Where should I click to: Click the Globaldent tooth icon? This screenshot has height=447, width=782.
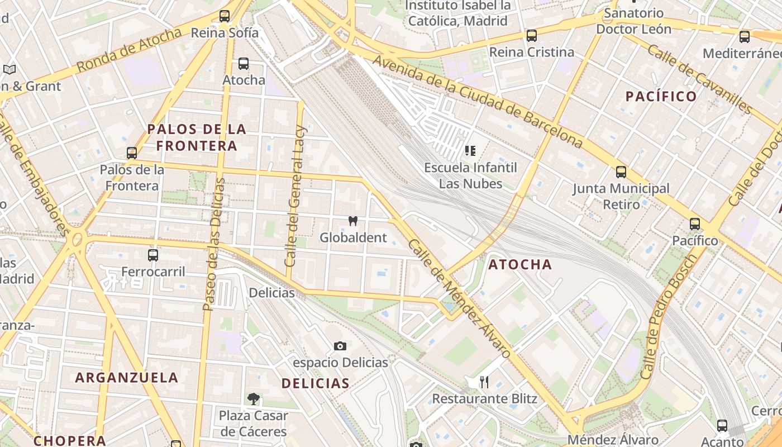pos(352,221)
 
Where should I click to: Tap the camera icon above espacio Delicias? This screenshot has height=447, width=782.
pos(340,346)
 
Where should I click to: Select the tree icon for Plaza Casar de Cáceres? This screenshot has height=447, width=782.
pos(253,399)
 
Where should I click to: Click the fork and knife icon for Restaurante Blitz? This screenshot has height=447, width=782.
pos(484,382)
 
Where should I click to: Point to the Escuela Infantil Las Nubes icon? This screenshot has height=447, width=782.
pos(470,150)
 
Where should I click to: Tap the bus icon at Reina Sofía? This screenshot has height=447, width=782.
pos(225,16)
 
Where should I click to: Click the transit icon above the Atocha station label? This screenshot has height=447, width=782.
pos(244,64)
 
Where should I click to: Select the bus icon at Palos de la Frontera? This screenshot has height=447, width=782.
pos(132,153)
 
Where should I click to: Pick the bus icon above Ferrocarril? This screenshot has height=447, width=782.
pos(153,255)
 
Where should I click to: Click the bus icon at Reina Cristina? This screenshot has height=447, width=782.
pos(532,36)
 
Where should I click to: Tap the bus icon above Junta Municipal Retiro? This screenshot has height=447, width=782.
pos(621,172)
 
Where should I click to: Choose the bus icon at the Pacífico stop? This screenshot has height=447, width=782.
pos(695,224)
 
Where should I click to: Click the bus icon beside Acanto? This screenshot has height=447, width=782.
pos(722,426)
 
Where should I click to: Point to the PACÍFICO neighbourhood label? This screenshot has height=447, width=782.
pos(661,97)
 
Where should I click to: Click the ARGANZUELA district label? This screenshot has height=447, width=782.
pos(127,378)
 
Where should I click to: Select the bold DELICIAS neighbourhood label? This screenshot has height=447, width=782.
pos(316,383)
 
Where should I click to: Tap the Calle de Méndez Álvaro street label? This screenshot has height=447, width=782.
pos(460,299)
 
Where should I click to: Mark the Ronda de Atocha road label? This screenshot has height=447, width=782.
pos(129,49)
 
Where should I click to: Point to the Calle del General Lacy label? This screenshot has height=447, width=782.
pos(295,196)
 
